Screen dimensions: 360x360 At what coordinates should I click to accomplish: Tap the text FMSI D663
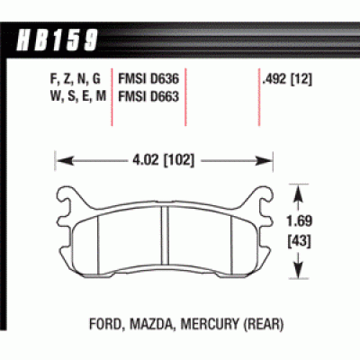pyautogui.click(x=149, y=93)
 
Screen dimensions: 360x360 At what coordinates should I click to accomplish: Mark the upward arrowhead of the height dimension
pyautogui.click(x=298, y=189)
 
